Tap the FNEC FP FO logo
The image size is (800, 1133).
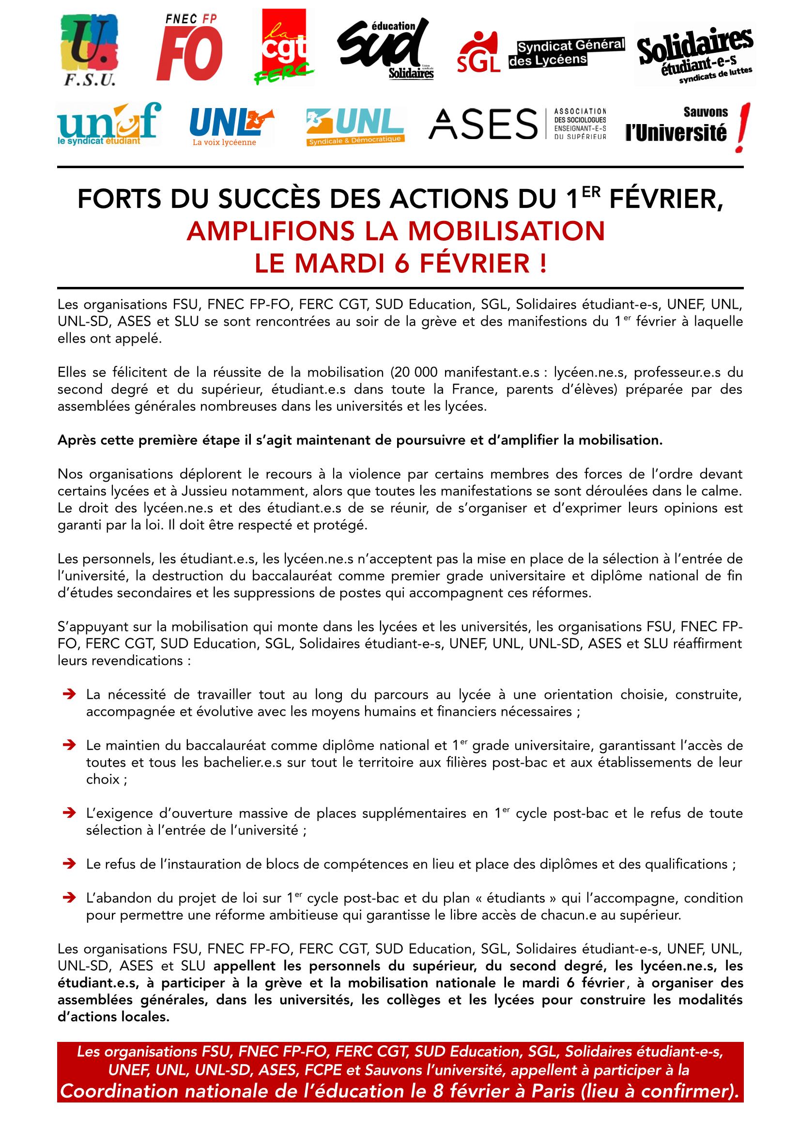tap(189, 48)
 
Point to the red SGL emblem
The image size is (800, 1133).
tap(478, 53)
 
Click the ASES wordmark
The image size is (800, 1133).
tap(483, 125)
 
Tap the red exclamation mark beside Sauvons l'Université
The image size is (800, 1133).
tap(739, 127)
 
